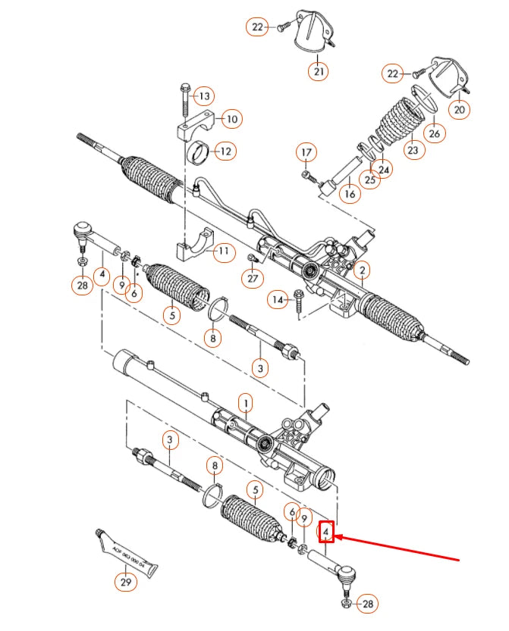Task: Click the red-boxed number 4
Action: point(326,533)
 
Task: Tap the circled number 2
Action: point(363,270)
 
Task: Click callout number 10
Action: point(231,118)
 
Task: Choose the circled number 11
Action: point(223,251)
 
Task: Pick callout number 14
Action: point(278,301)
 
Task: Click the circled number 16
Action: point(349,194)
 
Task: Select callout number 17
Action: point(306,153)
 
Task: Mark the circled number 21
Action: point(318,72)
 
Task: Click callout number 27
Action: point(252,279)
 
